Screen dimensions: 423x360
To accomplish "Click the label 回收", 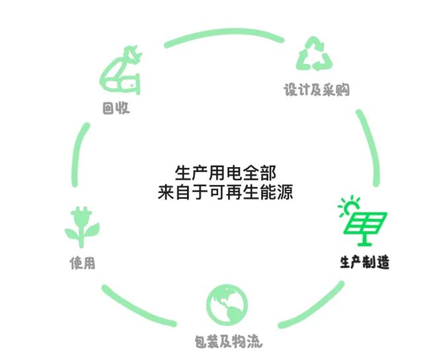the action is click(116, 108).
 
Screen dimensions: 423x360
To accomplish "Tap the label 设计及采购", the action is click(317, 90).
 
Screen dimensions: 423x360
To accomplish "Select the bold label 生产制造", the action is click(365, 262).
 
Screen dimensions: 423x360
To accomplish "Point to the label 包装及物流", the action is click(229, 342).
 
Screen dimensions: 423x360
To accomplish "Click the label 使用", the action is click(83, 263).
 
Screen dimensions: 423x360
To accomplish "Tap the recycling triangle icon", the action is click(315, 54).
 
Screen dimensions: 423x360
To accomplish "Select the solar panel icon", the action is click(365, 229).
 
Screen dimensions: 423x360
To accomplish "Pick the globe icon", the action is click(227, 305).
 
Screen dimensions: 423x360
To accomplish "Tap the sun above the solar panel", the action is click(350, 206).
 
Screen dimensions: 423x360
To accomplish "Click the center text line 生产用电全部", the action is click(225, 173).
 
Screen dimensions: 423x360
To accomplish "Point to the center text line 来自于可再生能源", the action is click(225, 192).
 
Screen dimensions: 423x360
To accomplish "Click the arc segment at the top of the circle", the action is click(225, 32).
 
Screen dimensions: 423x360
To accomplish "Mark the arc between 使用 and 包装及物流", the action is click(136, 308).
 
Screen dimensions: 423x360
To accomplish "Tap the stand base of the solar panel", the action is click(365, 244).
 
